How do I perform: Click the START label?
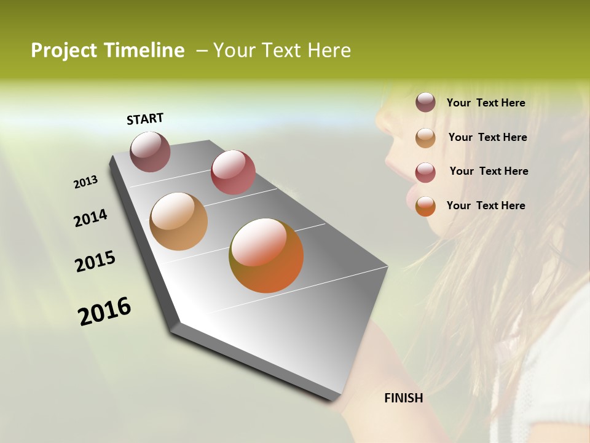click(x=145, y=119)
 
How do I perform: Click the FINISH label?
click(x=403, y=398)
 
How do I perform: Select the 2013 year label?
click(x=86, y=182)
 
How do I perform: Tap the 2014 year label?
click(x=90, y=218)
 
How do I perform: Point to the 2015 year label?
click(x=95, y=261)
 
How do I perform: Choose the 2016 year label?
click(x=104, y=311)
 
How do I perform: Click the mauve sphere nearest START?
click(x=151, y=151)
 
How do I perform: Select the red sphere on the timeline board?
click(x=233, y=172)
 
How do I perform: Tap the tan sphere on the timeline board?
click(x=178, y=221)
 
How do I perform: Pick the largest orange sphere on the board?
click(x=266, y=255)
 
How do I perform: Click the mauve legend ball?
click(x=425, y=102)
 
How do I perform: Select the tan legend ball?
click(x=425, y=137)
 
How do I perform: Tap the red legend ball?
click(x=425, y=172)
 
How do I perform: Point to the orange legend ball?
click(x=425, y=206)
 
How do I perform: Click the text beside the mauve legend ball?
click(x=486, y=103)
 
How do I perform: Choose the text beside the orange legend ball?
click(x=486, y=206)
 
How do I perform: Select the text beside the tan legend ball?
click(x=487, y=137)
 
